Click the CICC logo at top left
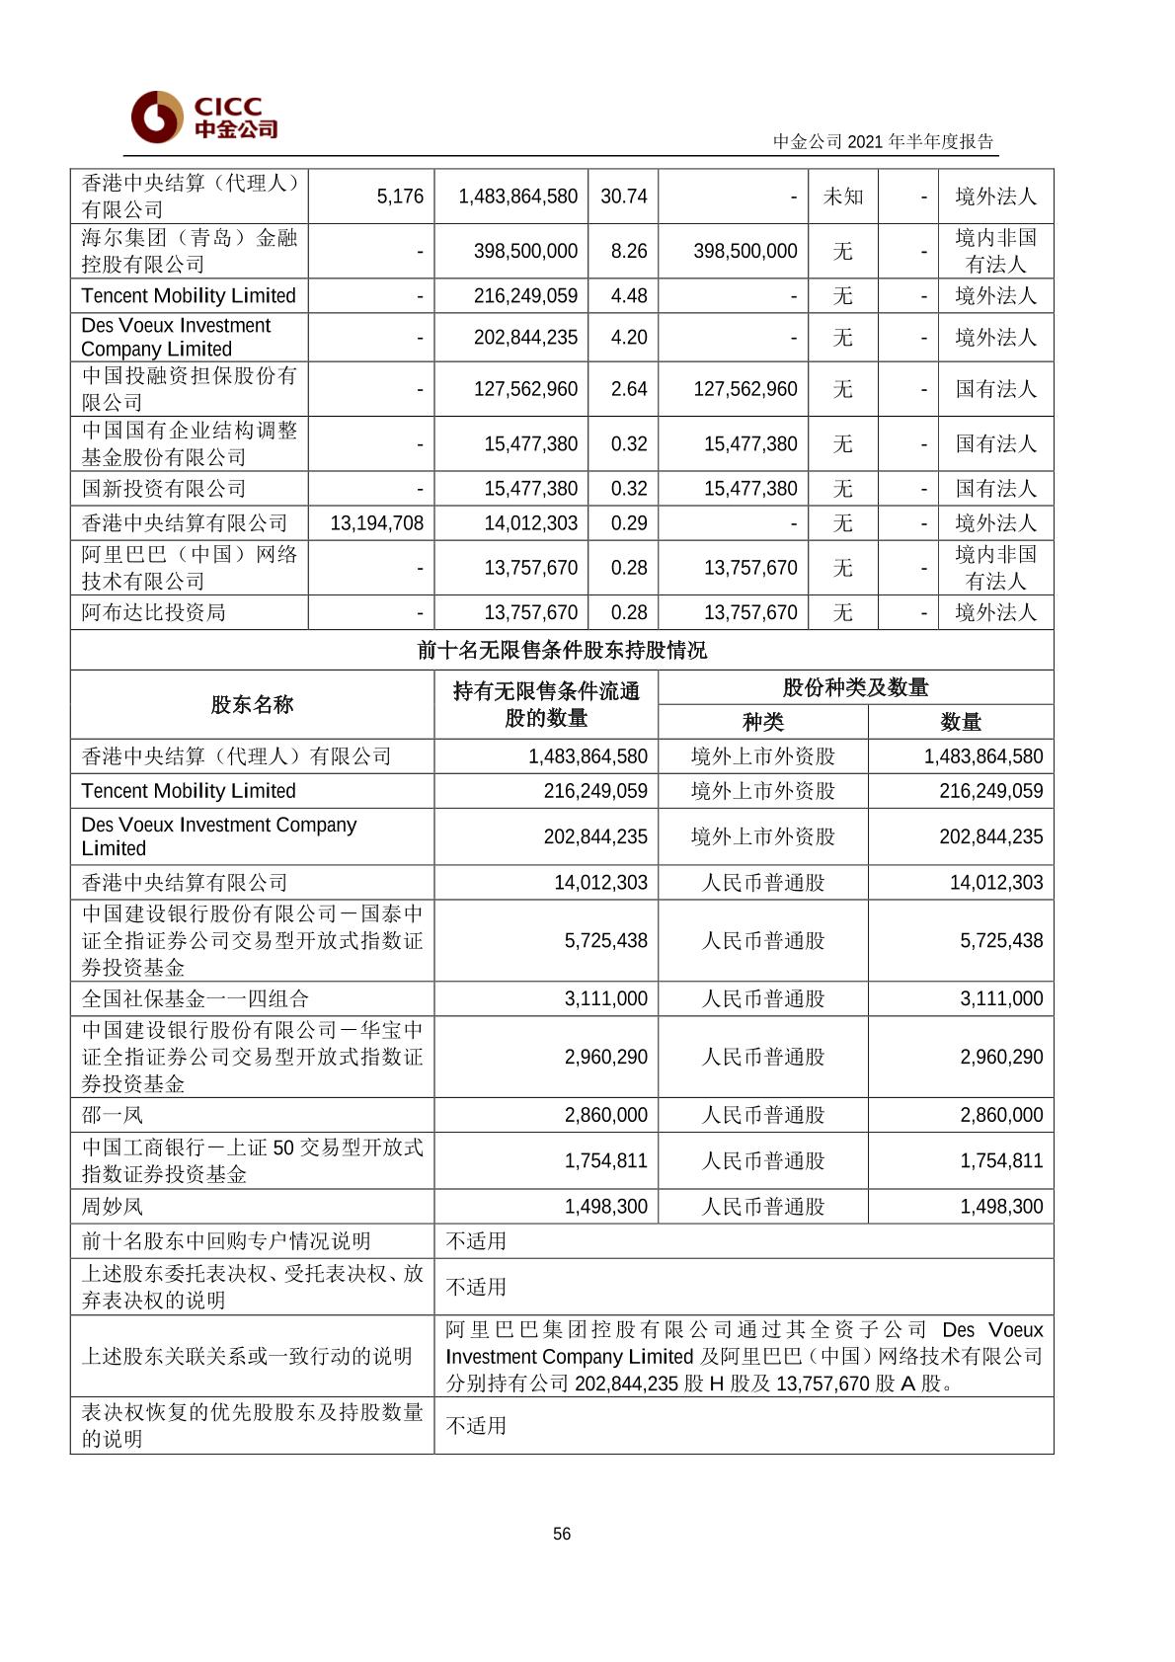203,117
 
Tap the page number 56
562,1534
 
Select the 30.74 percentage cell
623,197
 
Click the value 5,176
400,197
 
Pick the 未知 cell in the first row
842,197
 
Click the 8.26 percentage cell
628,251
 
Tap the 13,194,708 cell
376,523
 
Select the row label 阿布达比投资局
154,612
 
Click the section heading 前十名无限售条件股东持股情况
562,650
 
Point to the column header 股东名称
252,704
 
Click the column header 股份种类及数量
855,687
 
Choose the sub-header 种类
762,722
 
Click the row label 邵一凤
113,1115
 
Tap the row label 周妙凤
113,1207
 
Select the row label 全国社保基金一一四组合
196,998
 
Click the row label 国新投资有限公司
164,489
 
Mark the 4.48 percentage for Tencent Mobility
628,295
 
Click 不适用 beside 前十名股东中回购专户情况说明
476,1241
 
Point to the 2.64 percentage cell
628,389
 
